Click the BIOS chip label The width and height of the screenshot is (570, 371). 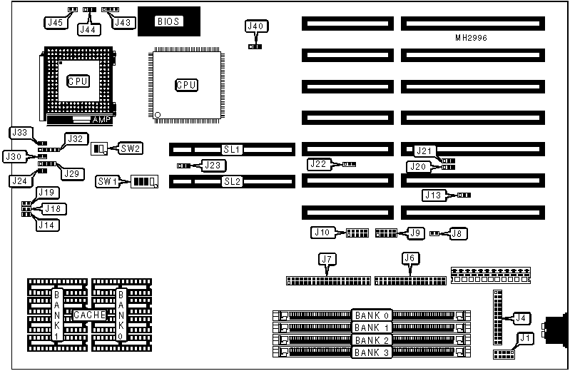[169, 21]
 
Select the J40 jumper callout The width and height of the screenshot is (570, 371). [255, 27]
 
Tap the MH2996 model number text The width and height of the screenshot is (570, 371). [472, 37]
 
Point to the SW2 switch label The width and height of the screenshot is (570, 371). [131, 148]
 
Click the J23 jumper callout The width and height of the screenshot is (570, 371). [212, 166]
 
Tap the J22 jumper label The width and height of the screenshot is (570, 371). [319, 164]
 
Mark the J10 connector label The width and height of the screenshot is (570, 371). [322, 233]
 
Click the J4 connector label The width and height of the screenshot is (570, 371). [522, 317]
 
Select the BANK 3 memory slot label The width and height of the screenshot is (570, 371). [372, 352]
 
